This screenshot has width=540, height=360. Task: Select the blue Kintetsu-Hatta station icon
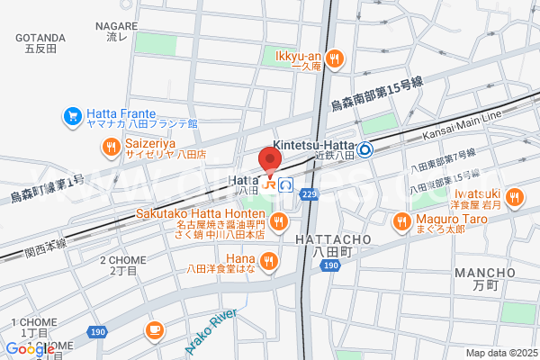365,150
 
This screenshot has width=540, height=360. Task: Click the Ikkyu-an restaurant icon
334,59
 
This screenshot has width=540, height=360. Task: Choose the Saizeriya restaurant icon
112,148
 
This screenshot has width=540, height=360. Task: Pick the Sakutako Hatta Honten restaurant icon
279,221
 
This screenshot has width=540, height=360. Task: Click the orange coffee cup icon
154,330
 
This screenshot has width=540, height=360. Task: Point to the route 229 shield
310,194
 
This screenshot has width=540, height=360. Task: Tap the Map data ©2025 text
500,353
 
